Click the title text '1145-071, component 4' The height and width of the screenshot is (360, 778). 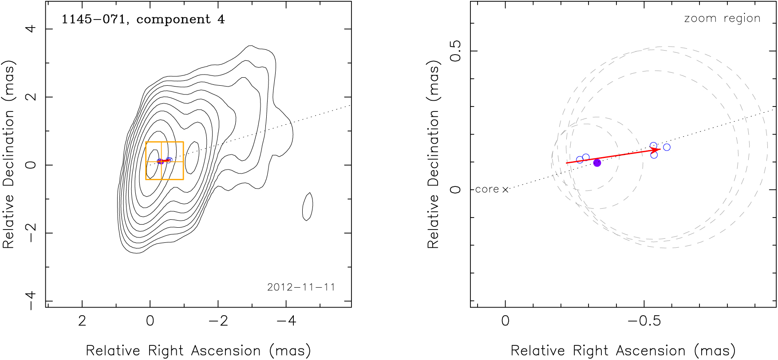(143, 20)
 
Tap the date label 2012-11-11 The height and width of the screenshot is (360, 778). (301, 287)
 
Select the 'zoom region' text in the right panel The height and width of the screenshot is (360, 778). (722, 19)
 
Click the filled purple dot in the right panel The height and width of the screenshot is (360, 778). (597, 163)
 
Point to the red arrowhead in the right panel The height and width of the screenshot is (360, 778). (656, 150)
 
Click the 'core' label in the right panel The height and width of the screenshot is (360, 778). (487, 190)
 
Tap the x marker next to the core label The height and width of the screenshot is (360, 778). (505, 190)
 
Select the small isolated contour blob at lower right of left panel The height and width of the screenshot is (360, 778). (308, 206)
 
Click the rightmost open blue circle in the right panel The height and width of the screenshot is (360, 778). (667, 147)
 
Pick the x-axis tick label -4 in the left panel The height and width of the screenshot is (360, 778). (286, 320)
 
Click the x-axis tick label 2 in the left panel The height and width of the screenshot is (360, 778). (82, 320)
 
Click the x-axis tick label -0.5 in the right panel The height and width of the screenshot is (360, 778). (644, 320)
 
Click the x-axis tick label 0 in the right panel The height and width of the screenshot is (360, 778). (505, 320)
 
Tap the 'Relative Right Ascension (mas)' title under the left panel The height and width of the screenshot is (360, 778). (198, 351)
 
